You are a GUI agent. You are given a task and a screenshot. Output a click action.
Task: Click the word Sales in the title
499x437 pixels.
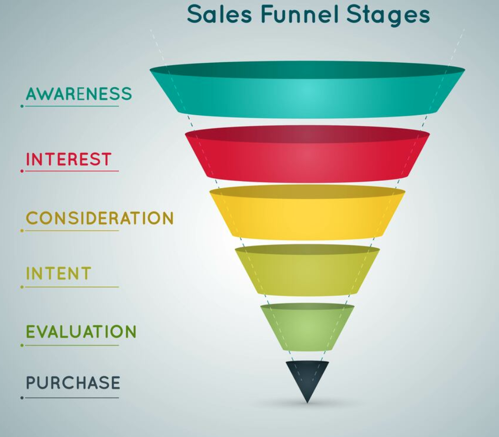(219, 14)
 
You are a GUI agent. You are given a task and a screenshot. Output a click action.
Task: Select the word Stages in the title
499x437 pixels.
(389, 16)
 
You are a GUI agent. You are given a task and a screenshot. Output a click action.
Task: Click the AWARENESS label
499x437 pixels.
(78, 94)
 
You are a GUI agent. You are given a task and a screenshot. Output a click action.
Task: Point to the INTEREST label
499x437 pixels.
(68, 159)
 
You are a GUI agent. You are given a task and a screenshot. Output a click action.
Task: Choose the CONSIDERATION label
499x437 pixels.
(100, 218)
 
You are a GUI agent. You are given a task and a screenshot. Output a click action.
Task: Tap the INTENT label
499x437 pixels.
(59, 274)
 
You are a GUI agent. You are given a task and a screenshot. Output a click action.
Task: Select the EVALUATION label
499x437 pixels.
(81, 331)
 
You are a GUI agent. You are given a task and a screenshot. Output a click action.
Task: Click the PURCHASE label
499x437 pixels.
(73, 382)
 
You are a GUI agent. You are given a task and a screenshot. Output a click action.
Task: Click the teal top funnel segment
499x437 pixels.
(307, 90)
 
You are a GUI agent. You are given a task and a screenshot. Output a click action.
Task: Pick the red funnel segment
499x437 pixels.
(307, 154)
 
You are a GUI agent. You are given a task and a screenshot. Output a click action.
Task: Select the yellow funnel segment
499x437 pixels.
(307, 212)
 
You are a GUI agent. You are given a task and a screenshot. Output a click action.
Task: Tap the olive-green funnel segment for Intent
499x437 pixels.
(307, 270)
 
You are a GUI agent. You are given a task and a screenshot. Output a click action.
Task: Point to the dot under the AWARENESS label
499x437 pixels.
(22, 106)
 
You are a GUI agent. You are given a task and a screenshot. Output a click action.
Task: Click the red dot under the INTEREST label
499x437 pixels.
(22, 171)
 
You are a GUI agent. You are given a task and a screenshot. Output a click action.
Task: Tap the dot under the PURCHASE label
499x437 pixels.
(22, 398)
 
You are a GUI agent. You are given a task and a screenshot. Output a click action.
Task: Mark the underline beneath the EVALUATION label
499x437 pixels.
(71, 345)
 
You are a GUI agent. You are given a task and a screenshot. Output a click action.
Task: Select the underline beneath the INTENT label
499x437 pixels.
(71, 287)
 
